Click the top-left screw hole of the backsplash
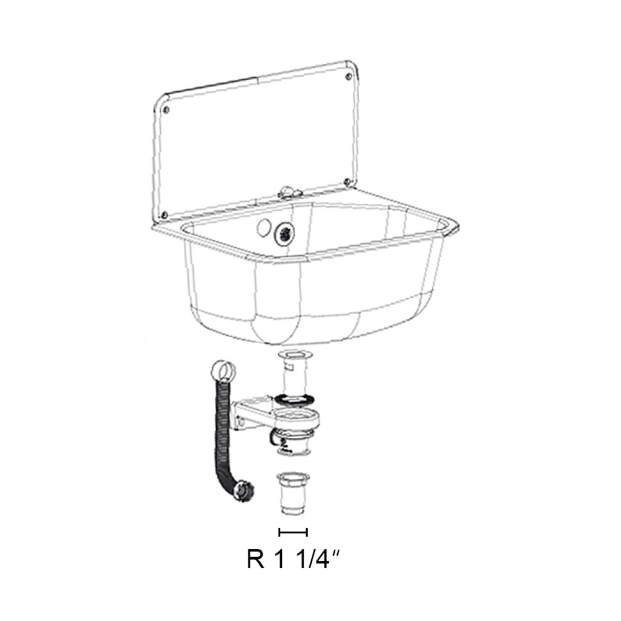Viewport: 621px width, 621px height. [x=166, y=110]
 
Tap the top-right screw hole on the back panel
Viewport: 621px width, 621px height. [x=348, y=77]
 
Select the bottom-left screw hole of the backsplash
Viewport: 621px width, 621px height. [x=165, y=215]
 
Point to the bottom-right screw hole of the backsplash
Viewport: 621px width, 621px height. [x=347, y=182]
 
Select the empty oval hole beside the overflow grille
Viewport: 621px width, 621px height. [x=263, y=227]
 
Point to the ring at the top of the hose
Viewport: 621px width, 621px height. [x=222, y=371]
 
